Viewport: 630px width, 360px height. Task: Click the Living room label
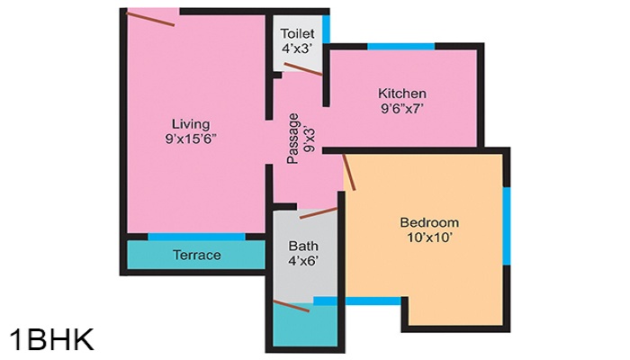(x=192, y=123)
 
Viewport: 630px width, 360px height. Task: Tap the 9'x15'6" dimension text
(x=192, y=139)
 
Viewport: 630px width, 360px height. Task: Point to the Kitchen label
(x=401, y=94)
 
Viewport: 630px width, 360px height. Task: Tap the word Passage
(x=293, y=137)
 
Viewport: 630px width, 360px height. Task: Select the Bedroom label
(x=429, y=222)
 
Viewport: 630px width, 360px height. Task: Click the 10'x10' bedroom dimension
(x=429, y=238)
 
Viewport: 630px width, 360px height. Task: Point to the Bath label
(x=303, y=246)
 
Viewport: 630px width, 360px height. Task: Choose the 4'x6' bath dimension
(x=303, y=262)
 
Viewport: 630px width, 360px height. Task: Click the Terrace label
(x=196, y=255)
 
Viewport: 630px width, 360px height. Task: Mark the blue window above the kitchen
(x=400, y=46)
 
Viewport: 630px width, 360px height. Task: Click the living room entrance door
(x=150, y=17)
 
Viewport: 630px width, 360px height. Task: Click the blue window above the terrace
(x=196, y=237)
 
